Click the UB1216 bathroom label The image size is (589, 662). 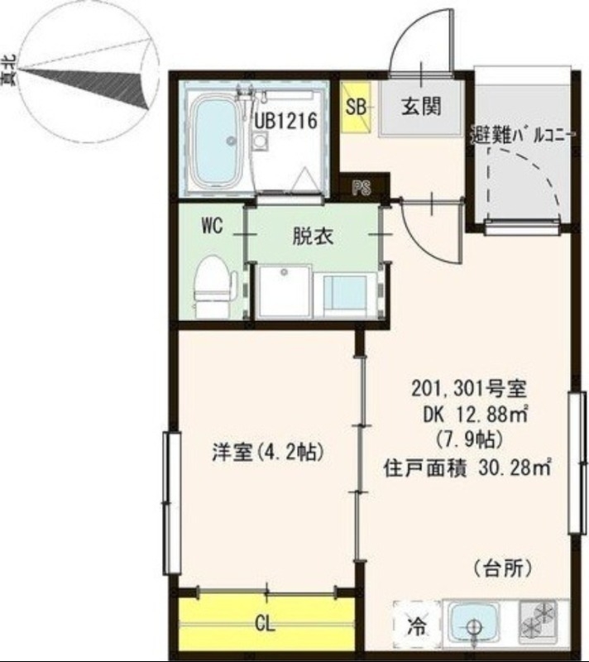(x=286, y=121)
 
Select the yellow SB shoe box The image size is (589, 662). (x=357, y=107)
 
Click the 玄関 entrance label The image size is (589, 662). (x=421, y=106)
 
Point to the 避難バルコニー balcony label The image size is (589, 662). (x=520, y=132)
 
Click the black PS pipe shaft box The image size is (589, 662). (x=361, y=188)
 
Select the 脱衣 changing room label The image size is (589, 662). (x=313, y=237)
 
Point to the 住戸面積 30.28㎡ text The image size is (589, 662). (x=467, y=468)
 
